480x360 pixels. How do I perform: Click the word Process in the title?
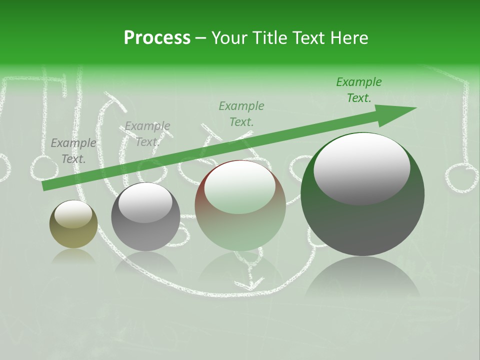(x=157, y=38)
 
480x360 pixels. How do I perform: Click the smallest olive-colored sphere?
(x=73, y=224)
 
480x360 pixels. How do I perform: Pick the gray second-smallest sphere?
(x=145, y=216)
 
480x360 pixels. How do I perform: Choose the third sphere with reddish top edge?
(x=240, y=205)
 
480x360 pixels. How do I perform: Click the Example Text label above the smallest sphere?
(x=73, y=151)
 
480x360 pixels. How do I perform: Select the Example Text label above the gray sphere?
(x=147, y=134)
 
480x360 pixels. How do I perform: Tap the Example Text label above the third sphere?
(x=241, y=113)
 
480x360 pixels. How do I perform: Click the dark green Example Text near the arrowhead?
(x=359, y=90)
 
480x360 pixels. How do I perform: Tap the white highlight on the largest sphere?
(x=361, y=168)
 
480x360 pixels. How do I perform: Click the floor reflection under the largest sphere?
(x=362, y=280)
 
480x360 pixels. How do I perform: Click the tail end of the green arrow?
(x=45, y=186)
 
